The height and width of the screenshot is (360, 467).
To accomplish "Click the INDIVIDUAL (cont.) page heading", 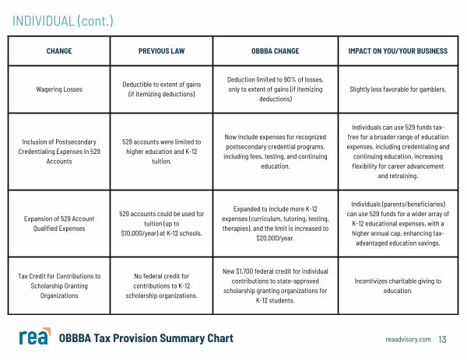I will [x=62, y=20].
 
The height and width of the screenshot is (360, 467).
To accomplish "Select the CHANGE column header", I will [x=60, y=51].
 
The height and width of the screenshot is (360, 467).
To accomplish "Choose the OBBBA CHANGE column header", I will [x=276, y=51].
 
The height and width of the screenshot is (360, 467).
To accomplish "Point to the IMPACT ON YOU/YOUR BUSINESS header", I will [x=398, y=51].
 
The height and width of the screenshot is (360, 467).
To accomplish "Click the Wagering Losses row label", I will [x=60, y=89].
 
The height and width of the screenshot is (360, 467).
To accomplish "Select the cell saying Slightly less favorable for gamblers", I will [x=398, y=89].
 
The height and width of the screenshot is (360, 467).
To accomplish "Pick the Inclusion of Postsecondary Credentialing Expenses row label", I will [x=60, y=152].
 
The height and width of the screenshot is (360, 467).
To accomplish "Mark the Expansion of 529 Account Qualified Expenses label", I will [x=60, y=223].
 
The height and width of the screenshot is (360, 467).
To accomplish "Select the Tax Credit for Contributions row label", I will [x=60, y=285].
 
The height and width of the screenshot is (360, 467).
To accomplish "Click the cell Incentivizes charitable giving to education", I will [x=398, y=285].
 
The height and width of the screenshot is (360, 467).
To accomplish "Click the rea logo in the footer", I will [x=35, y=337].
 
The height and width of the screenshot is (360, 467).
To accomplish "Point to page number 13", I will [x=443, y=339].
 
